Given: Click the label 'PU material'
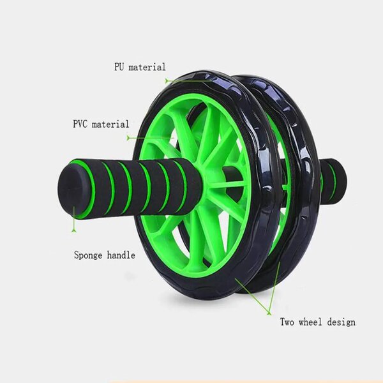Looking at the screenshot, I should pyautogui.click(x=140, y=67).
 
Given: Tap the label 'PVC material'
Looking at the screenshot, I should pyautogui.click(x=101, y=124).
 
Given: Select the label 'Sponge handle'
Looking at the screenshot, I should pyautogui.click(x=104, y=255).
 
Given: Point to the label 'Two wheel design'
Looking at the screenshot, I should pyautogui.click(x=318, y=322).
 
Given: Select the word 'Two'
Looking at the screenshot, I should pyautogui.click(x=289, y=322).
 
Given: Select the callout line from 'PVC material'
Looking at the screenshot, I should pyautogui.click(x=144, y=137).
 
